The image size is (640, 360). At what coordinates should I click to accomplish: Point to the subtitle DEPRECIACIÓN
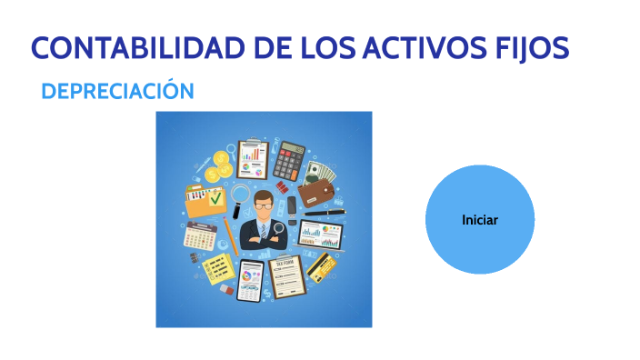118,91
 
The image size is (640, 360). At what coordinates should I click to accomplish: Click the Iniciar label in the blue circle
479,220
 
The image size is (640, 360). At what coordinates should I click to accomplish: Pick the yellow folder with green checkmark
206,200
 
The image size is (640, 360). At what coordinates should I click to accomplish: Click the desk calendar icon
199,236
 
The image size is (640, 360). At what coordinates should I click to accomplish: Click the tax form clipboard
285,276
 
